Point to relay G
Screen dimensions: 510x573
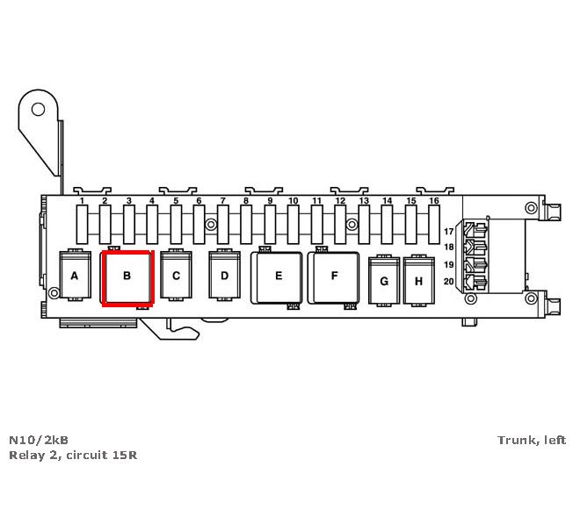(383, 282)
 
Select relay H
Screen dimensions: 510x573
(419, 282)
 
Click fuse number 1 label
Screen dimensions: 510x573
(82, 201)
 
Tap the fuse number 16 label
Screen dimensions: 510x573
(434, 201)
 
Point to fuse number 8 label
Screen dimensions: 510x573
(246, 201)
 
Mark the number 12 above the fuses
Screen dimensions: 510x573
(340, 201)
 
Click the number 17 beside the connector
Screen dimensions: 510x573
(449, 232)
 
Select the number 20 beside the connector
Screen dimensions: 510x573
(449, 281)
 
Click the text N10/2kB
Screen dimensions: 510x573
(39, 440)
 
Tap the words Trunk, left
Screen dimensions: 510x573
(532, 440)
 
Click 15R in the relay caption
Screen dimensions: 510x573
(124, 456)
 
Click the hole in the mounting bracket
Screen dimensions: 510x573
(38, 109)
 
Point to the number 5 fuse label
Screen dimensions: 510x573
(176, 201)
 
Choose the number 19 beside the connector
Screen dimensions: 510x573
(449, 264)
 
